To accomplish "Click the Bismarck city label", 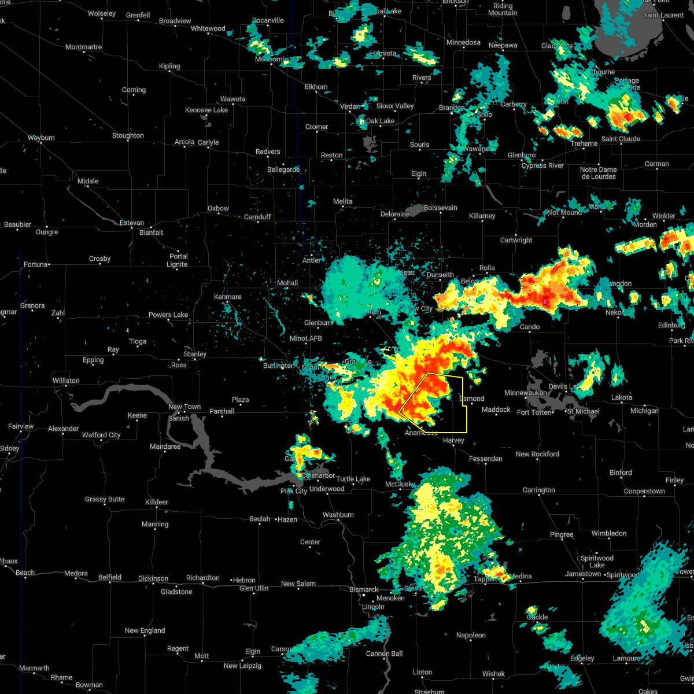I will [x=364, y=589].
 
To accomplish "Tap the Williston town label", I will [x=65, y=381].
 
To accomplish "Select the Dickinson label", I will [x=153, y=578].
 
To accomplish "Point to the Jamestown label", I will [x=583, y=574].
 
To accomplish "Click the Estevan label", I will [x=132, y=223].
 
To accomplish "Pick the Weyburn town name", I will [x=41, y=138].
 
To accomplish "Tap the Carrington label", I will [x=538, y=490].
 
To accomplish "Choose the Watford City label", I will [x=101, y=435].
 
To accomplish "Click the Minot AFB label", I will [x=306, y=338].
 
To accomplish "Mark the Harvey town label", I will [x=453, y=440].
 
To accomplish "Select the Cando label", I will [x=529, y=327].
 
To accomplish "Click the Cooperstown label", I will [x=644, y=491].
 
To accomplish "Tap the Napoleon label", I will [x=471, y=635].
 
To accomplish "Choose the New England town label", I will [x=145, y=630].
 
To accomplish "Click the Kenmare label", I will [x=227, y=297].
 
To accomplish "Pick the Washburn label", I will [x=338, y=515].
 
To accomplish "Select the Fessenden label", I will [x=486, y=459].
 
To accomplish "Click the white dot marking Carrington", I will [x=539, y=497].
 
